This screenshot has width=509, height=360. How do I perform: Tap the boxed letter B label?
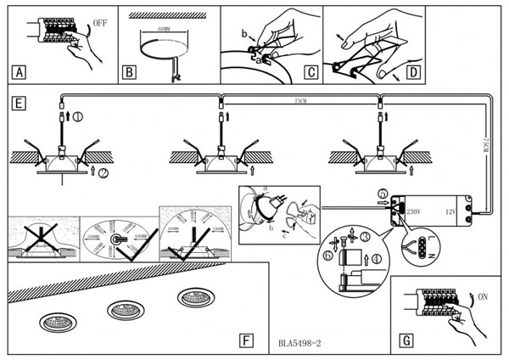[x=129, y=71]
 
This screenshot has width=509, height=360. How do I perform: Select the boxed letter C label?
[x=310, y=71]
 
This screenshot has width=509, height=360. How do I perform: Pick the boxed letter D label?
[x=413, y=71]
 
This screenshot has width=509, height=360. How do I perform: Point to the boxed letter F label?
[x=245, y=340]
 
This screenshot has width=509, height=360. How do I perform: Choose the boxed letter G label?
[x=406, y=340]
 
